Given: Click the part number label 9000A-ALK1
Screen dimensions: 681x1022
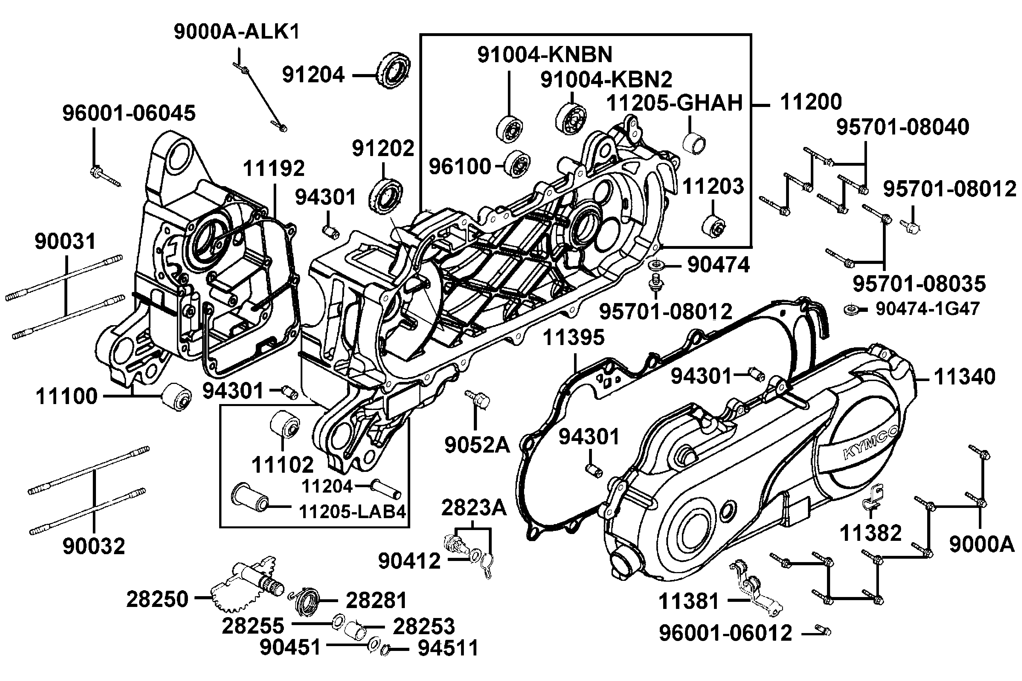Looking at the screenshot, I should click(237, 32).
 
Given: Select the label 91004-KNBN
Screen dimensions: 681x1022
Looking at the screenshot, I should click(545, 55).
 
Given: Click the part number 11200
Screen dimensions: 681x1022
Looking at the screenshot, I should click(811, 102).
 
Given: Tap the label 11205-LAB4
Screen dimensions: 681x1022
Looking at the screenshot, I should click(352, 512).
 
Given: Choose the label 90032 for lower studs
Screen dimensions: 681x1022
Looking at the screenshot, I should click(94, 546).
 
